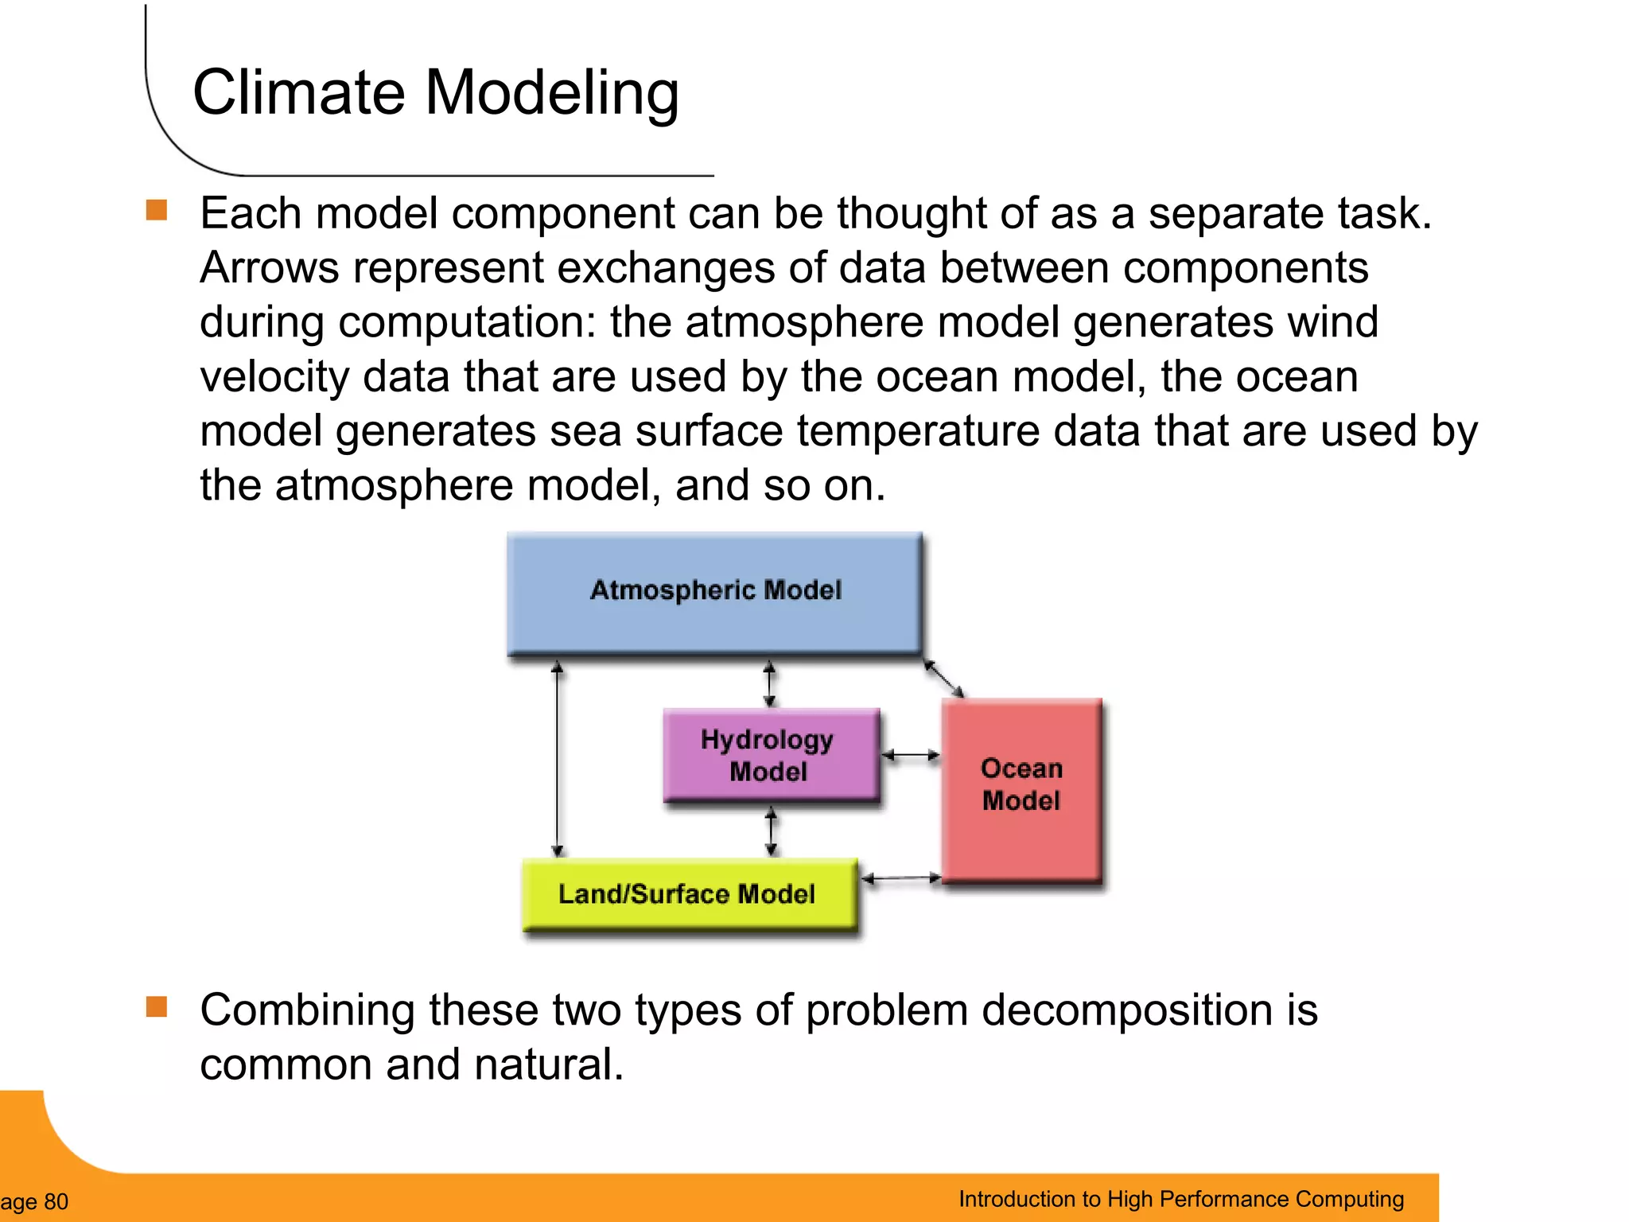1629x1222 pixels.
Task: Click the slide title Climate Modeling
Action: point(436,92)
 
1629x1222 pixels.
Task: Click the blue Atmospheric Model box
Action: point(714,593)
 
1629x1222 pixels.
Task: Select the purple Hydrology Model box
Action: point(770,754)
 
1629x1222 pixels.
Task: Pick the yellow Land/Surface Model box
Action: point(689,894)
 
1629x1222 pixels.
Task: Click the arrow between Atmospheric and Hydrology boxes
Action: point(769,683)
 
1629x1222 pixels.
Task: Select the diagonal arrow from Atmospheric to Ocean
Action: point(943,678)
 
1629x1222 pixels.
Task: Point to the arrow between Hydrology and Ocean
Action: point(911,755)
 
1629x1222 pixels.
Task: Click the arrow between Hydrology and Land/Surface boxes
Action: point(771,831)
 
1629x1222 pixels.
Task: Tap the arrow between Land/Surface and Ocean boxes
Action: point(901,878)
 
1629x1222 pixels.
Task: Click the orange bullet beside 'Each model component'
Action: point(157,210)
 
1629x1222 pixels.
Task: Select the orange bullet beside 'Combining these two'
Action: point(157,1006)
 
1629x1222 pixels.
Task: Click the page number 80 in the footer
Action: point(56,1201)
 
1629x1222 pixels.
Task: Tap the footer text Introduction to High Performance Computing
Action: point(1181,1199)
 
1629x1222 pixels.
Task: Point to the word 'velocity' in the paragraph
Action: point(274,376)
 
